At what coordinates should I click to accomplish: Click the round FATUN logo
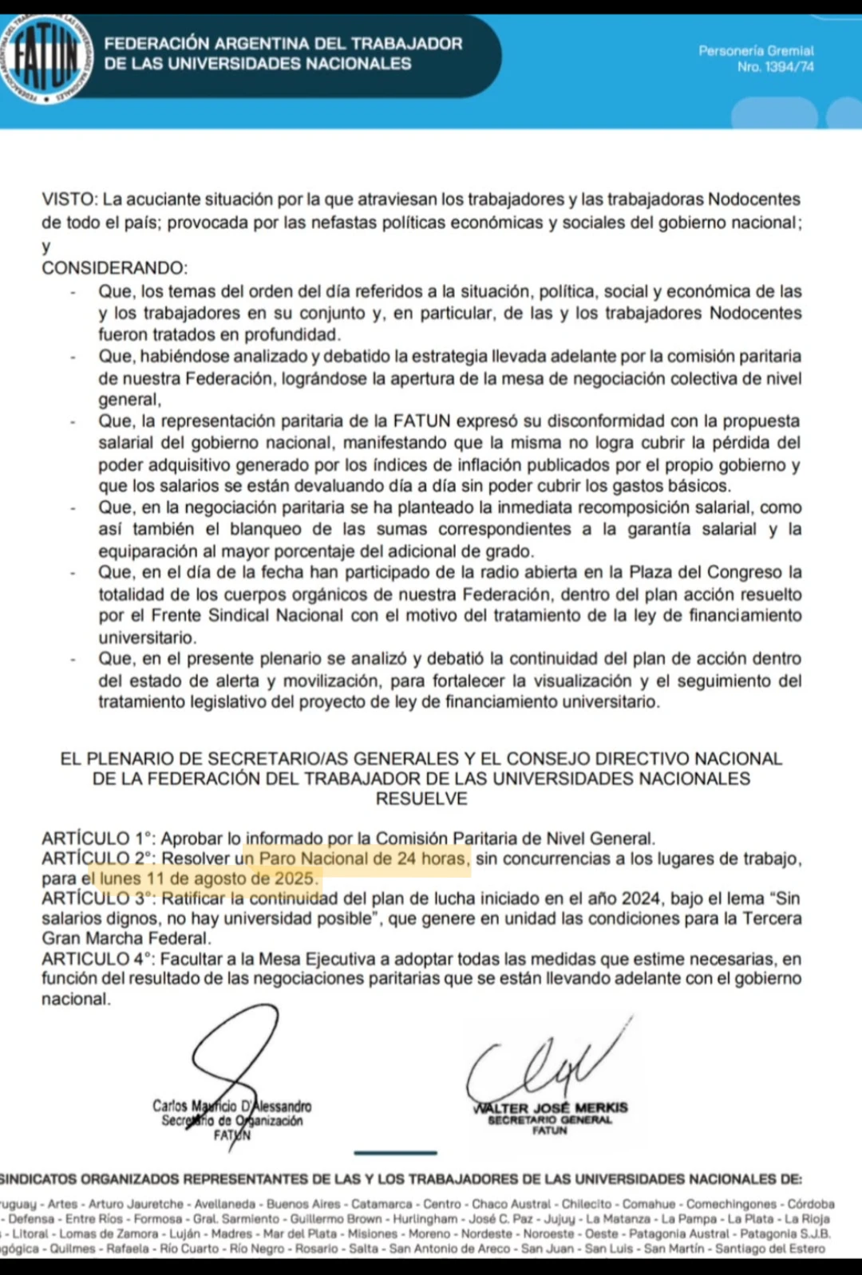[46, 59]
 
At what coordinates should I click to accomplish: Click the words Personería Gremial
[756, 51]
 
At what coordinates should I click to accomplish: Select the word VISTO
[69, 199]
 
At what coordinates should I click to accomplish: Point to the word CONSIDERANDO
[114, 268]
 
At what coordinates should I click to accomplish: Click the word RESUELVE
[421, 799]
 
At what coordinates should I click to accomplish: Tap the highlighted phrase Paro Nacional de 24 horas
[363, 859]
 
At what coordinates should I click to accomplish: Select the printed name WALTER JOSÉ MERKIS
[550, 1107]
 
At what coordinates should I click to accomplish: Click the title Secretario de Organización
[232, 1121]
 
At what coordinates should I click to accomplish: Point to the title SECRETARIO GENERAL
[550, 1119]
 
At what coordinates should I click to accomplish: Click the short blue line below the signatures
[395, 1152]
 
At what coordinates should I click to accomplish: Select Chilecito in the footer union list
[587, 1204]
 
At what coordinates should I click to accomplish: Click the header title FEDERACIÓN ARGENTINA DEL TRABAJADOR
[283, 44]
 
